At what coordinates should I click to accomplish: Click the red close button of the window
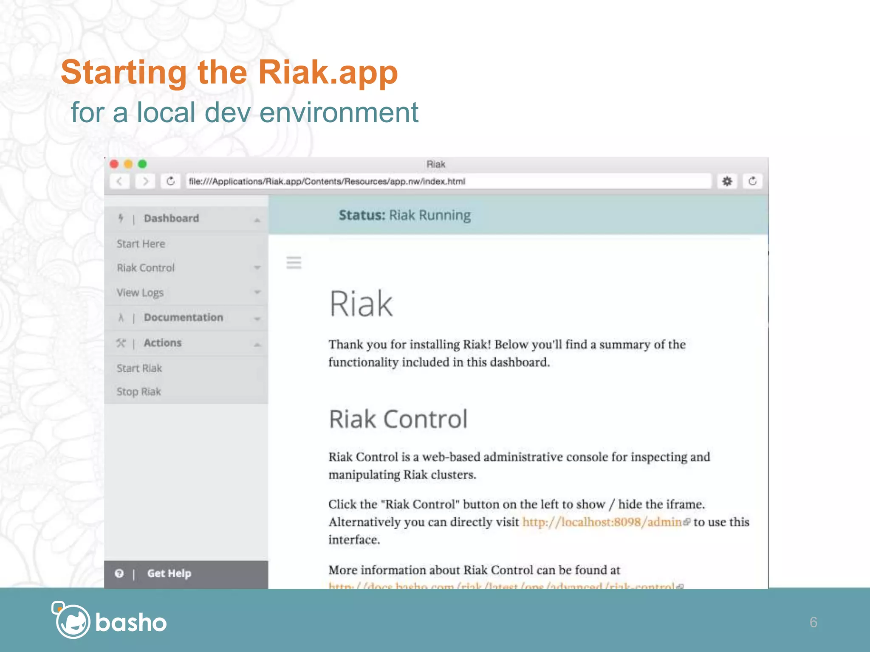tap(114, 164)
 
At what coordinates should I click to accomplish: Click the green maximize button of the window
tap(142, 164)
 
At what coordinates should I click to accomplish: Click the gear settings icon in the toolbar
tap(727, 181)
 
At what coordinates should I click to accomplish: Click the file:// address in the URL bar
tap(327, 182)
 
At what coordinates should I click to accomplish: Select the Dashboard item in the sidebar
tap(171, 218)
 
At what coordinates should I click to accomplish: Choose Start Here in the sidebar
tap(141, 244)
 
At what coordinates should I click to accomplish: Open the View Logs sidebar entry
tap(140, 292)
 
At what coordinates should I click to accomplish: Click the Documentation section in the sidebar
tap(183, 318)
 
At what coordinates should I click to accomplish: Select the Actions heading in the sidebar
tap(162, 343)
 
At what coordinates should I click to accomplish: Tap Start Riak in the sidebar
tap(139, 368)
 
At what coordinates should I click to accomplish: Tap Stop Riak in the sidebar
tap(139, 391)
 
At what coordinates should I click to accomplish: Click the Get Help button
tap(169, 573)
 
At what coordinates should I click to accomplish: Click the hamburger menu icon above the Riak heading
tap(294, 263)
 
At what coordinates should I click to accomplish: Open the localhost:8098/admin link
tap(602, 522)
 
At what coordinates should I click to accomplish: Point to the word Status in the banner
tap(362, 215)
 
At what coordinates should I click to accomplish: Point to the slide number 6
tap(813, 622)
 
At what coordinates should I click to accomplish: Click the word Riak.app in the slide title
tap(328, 72)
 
